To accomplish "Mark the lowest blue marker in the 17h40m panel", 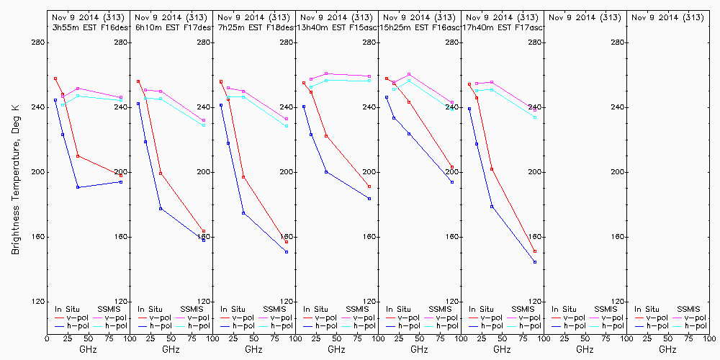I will tap(535, 262).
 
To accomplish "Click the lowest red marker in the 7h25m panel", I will tap(287, 242).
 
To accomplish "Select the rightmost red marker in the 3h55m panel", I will tap(120, 176).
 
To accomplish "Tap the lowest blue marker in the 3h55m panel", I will tap(78, 187).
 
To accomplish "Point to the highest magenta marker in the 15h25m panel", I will tap(409, 74).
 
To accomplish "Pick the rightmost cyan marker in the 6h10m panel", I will tap(204, 125).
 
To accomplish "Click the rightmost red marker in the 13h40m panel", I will tap(369, 186).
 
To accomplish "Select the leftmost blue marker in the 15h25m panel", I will tap(387, 97).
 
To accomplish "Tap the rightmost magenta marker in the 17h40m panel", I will tap(535, 110).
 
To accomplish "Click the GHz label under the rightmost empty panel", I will tap(667, 349).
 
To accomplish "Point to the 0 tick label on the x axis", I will tap(48, 337).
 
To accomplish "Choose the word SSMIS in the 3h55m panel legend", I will tap(109, 309).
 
